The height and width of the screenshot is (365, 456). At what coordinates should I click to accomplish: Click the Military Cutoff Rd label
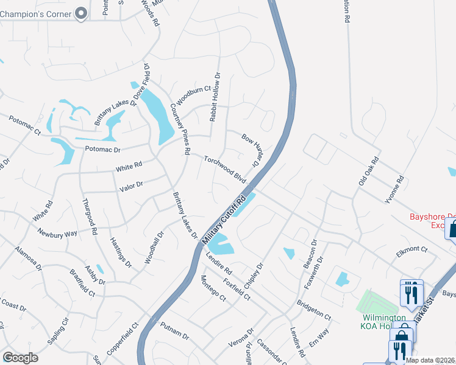coord(225,221)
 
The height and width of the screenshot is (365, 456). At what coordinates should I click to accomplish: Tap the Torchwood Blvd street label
coord(224,169)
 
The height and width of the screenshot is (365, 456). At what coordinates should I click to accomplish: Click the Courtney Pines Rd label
coord(181,128)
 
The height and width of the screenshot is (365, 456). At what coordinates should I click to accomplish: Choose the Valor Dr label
coord(131,186)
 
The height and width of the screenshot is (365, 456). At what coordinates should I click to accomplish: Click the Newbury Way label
coord(57,232)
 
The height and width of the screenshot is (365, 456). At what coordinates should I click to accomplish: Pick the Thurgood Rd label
coord(90,217)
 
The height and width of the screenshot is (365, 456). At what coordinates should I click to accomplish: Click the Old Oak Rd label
coord(369,172)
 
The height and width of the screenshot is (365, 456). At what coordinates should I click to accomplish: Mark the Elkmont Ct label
coord(412,249)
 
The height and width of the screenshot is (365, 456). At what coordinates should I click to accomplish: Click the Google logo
coord(20,358)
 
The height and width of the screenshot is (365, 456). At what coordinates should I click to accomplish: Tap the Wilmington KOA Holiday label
coord(385,322)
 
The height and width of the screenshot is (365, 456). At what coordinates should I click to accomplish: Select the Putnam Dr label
coord(176,331)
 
